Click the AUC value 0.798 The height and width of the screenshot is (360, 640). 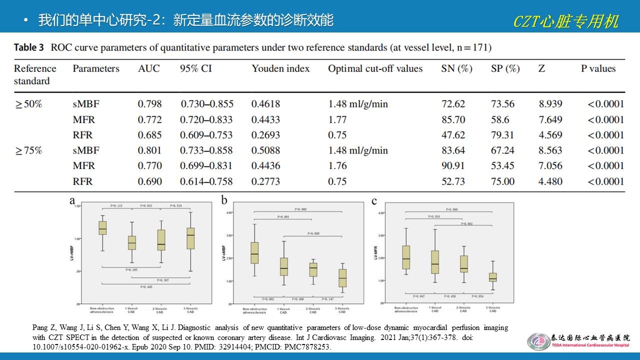click(x=150, y=104)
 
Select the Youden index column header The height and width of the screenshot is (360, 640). click(x=280, y=69)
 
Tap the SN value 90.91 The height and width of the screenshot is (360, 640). click(x=453, y=166)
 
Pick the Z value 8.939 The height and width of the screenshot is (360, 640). click(x=550, y=104)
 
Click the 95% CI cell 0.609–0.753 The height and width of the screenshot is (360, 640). click(x=206, y=135)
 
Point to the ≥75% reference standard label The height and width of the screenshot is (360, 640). click(x=29, y=150)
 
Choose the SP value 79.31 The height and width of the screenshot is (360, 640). click(x=502, y=135)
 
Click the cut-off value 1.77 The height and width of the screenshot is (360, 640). click(x=337, y=119)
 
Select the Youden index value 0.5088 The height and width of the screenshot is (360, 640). click(x=266, y=150)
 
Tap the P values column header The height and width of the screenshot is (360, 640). click(x=598, y=69)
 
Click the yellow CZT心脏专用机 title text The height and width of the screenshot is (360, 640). click(x=566, y=21)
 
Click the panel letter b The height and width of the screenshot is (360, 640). click(x=224, y=201)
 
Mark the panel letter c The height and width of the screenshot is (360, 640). click(x=374, y=201)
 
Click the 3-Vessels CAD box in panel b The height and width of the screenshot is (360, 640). click(x=342, y=277)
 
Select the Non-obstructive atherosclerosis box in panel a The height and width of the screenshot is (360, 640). click(x=102, y=227)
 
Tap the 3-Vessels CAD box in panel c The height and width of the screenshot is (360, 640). click(x=492, y=277)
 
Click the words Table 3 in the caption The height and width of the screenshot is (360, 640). click(x=32, y=48)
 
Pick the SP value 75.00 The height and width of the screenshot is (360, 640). click(x=502, y=181)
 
